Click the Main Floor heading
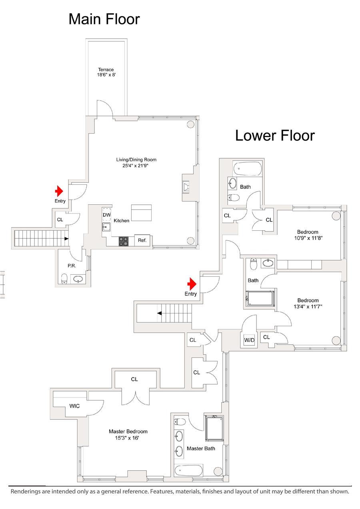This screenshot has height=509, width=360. click(104, 19)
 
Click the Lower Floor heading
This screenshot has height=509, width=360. click(275, 136)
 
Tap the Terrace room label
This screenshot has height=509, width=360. click(106, 70)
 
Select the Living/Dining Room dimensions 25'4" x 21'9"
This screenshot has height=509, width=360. click(136, 166)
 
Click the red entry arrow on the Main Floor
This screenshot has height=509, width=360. click(59, 191)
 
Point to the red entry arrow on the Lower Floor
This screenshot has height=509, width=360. click(192, 283)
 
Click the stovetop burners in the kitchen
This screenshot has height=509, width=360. click(124, 241)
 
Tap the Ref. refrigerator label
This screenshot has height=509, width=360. click(142, 240)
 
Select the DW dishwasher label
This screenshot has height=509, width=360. click(106, 215)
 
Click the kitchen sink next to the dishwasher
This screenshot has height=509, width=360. click(106, 227)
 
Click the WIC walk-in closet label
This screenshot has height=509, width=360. click(74, 406)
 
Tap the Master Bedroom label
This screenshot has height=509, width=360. click(128, 431)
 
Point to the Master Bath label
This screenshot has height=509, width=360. click(201, 448)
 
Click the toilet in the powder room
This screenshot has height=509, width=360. click(64, 279)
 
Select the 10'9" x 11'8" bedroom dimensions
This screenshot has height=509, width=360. click(308, 238)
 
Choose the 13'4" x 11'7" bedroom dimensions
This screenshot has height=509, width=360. click(308, 307)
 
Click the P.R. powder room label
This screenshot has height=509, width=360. click(72, 265)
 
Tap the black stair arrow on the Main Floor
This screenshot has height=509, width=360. click(66, 239)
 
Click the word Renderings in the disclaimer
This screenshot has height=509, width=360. click(24, 491)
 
